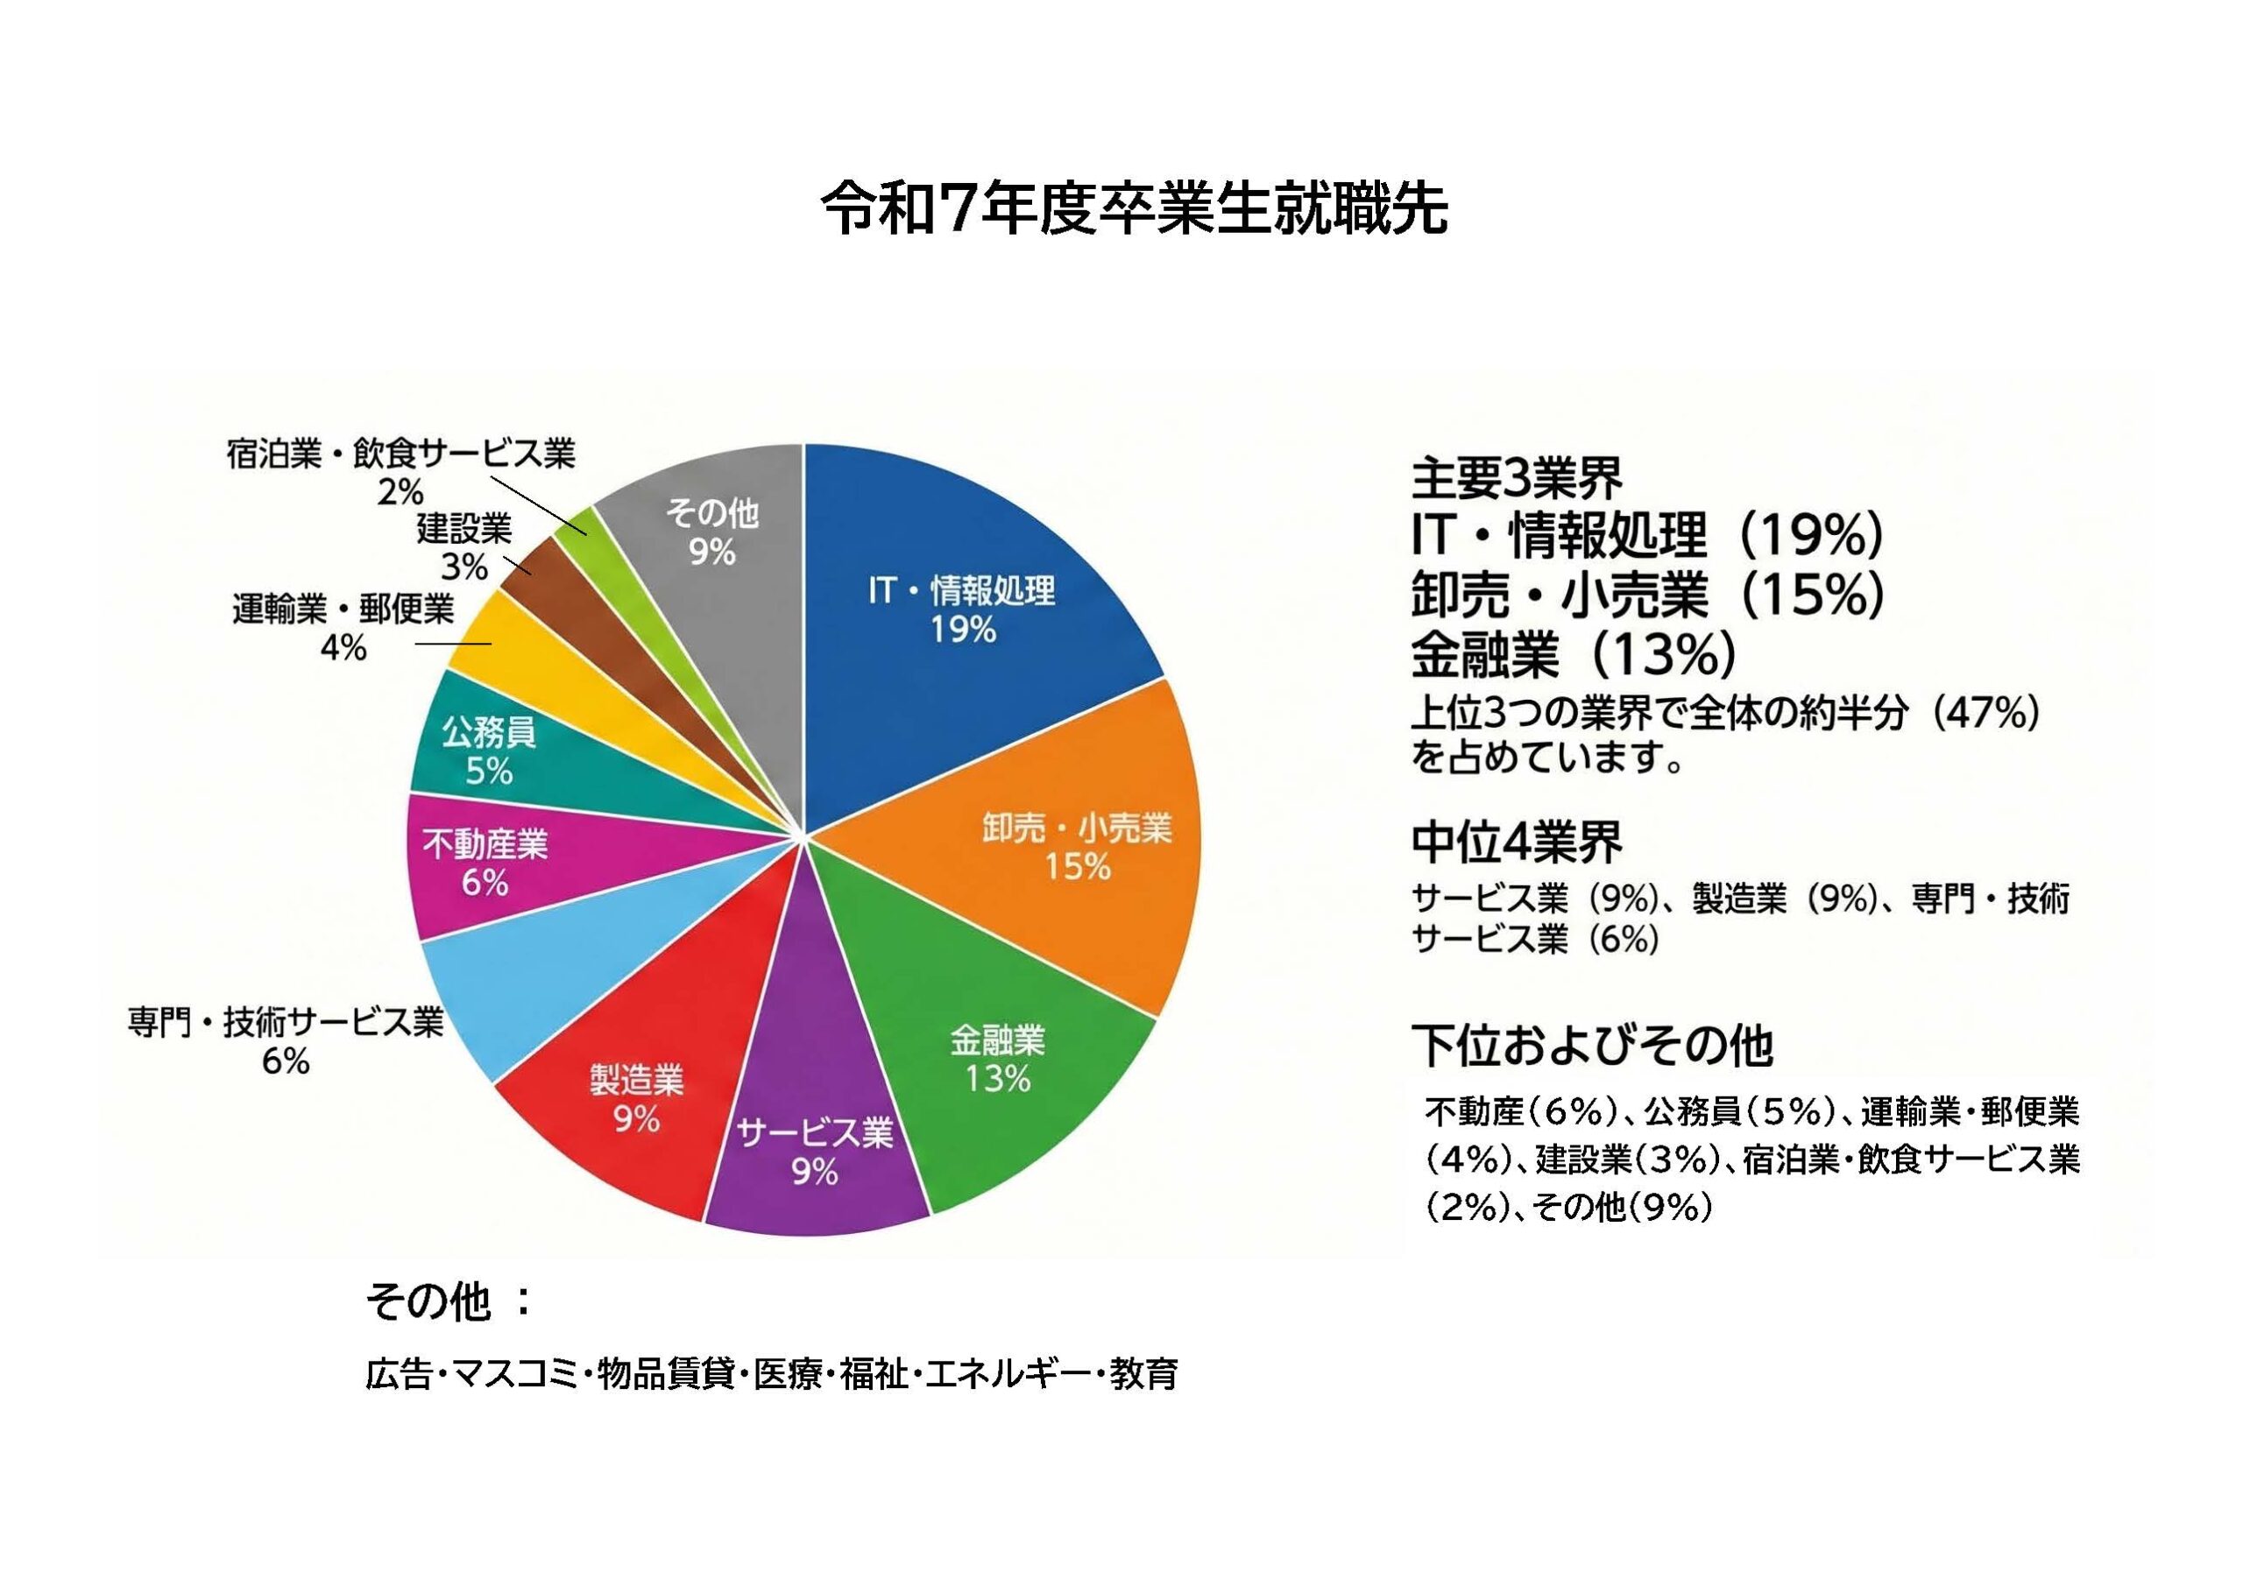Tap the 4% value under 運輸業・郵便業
tap(343, 647)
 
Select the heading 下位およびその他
tap(1592, 1046)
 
